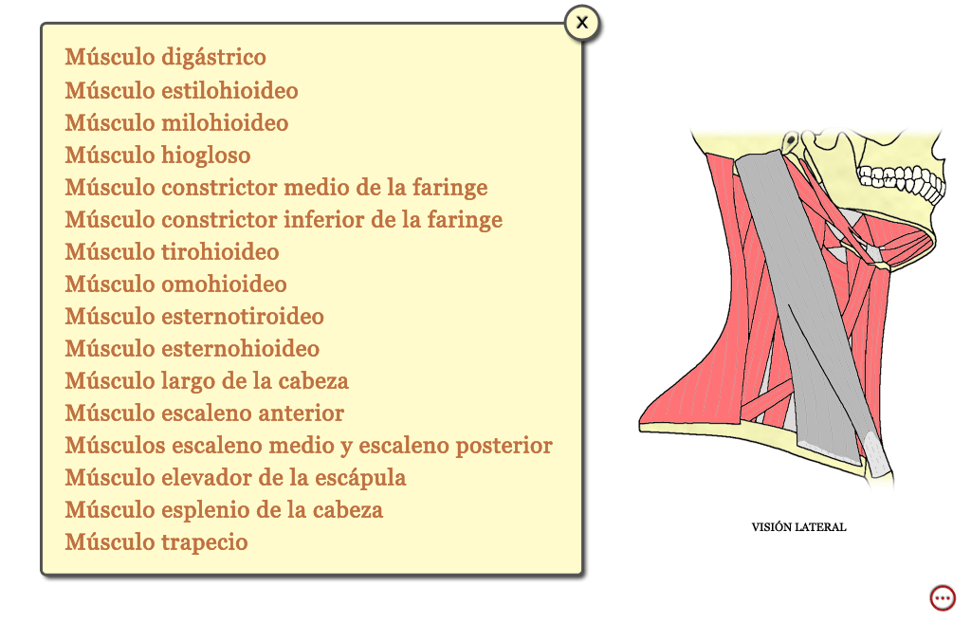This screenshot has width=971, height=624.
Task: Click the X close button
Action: [x=581, y=24]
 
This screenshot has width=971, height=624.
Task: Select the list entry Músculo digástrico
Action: [x=165, y=57]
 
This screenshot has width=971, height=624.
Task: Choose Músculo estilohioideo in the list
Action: [x=181, y=90]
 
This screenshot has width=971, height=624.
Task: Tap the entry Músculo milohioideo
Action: [x=176, y=122]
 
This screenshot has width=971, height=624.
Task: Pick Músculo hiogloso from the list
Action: [x=158, y=155]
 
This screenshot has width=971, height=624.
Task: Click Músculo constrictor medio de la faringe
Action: [x=276, y=187]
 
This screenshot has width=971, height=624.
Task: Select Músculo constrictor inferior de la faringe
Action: [x=284, y=219]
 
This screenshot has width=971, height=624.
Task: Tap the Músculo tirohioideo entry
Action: [x=173, y=251]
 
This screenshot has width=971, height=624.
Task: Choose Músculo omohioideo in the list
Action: [x=175, y=284]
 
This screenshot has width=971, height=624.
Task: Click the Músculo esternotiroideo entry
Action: [x=194, y=316]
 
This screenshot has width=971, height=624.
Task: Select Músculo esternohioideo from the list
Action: [x=192, y=348]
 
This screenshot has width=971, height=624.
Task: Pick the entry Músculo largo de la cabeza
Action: [x=207, y=380]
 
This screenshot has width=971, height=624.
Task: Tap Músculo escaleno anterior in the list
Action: [x=205, y=413]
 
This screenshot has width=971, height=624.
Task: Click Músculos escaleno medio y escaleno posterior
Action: [x=308, y=445]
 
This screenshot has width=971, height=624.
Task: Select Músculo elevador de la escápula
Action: [x=236, y=477]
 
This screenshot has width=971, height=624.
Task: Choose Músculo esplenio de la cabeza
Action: [x=224, y=509]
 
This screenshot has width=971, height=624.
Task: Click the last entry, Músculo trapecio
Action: [x=156, y=541]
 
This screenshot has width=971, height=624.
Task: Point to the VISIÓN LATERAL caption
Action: [x=798, y=527]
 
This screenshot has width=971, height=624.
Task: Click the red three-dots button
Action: [x=943, y=598]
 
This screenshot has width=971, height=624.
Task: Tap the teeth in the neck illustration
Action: [x=901, y=182]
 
